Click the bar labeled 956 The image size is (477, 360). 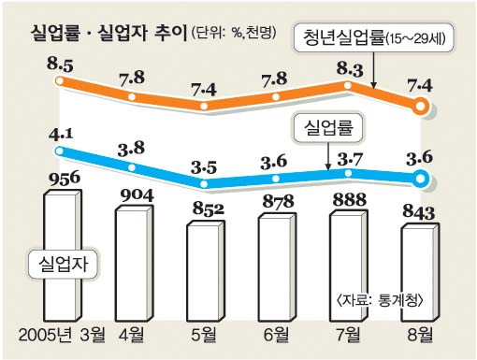point(63,255)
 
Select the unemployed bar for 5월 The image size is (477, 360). point(206,271)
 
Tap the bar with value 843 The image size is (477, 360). point(420,273)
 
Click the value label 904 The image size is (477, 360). point(137,195)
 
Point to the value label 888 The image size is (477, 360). point(350,199)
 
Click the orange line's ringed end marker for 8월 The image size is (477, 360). point(420,107)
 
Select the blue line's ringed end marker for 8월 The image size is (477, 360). point(420,179)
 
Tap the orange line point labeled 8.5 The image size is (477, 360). point(59,81)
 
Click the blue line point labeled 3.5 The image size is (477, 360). point(204,184)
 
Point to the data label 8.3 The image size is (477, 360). point(350,70)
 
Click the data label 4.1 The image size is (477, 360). point(61,135)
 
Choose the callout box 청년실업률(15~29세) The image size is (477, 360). point(373,37)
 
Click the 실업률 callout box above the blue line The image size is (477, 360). point(328,128)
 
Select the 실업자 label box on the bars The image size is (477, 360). point(63,264)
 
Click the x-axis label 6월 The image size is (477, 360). point(276,335)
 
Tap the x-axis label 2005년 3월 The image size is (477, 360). point(62,335)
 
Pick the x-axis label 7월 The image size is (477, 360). point(348,335)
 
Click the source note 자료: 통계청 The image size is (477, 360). point(380,300)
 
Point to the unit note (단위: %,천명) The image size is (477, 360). point(234,33)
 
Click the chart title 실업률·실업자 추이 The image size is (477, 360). point(108,33)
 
